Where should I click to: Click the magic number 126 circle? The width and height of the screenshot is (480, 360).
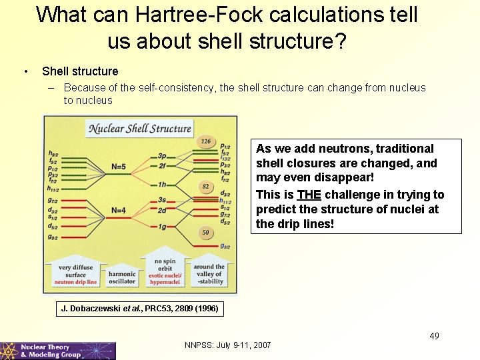click(206, 141)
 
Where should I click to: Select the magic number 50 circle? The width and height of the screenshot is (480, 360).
click(206, 232)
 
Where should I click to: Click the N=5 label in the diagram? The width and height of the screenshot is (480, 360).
click(119, 166)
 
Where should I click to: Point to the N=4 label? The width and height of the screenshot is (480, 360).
click(119, 211)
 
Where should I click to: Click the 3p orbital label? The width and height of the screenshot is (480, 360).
click(163, 155)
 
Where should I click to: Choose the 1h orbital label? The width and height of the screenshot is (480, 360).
click(163, 185)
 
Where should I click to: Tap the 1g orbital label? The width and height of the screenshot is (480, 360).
click(163, 227)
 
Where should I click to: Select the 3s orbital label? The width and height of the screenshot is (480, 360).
click(163, 200)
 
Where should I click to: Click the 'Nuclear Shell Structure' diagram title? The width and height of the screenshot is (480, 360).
click(140, 129)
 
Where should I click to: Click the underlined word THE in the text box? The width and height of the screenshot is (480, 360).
click(309, 195)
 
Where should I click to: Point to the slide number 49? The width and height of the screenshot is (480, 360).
click(434, 335)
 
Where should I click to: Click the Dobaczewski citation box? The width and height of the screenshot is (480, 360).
click(139, 309)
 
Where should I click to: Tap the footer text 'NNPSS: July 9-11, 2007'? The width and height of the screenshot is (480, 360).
click(227, 345)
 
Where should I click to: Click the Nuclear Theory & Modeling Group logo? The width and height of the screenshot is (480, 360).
click(58, 351)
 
